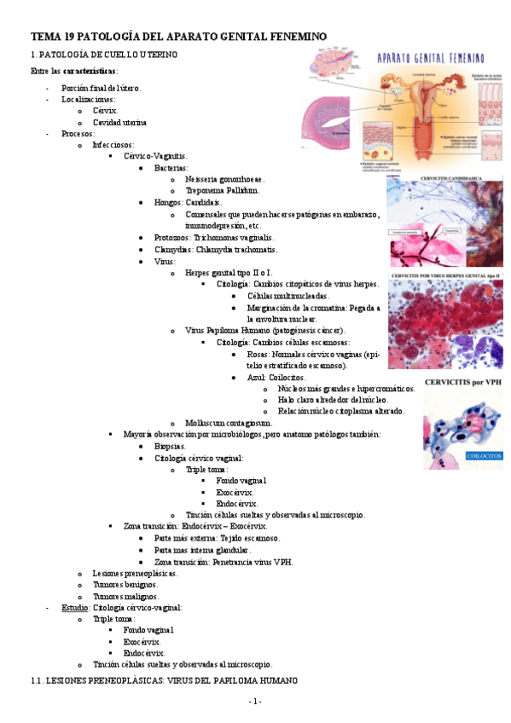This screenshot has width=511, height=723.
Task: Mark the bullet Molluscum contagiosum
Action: tap(229, 423)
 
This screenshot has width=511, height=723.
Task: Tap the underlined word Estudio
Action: tap(74, 608)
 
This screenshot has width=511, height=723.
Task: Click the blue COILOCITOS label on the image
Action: tap(483, 455)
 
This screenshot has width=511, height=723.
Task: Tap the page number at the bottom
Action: tap(255, 701)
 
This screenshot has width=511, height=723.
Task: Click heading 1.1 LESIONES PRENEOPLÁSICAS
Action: tap(164, 680)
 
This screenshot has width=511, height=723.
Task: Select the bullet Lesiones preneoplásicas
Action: tap(135, 574)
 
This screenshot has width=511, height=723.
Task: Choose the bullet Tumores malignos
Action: tap(125, 597)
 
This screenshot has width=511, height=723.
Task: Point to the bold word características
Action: tap(90, 70)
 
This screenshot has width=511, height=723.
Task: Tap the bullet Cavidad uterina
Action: tap(122, 122)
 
